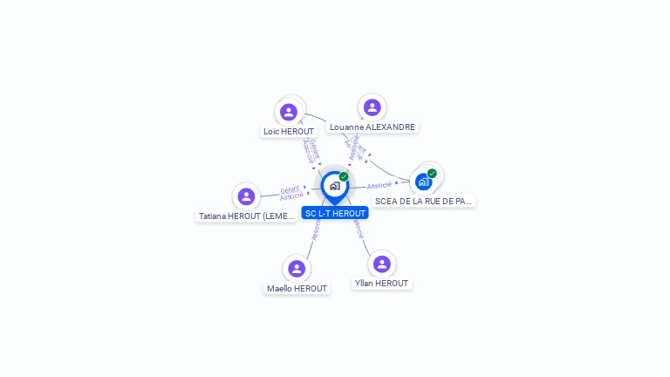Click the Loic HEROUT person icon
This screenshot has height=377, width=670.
pos(289,112)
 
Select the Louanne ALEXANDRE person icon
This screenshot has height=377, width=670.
pos(373,107)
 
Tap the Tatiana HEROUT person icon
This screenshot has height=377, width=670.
pos(246,196)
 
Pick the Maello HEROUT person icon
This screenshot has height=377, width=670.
pos(297,268)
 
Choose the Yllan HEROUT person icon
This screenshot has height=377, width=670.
pos(381,264)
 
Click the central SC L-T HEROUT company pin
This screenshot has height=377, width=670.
pos(334,186)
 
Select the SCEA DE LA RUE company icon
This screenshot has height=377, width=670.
pos(423,182)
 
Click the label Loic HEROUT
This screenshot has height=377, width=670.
pos(288,132)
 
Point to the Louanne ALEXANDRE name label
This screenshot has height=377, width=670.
pos(373,127)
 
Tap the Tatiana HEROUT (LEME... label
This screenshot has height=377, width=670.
pos(247,216)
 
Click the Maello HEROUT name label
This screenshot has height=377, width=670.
pos(297,289)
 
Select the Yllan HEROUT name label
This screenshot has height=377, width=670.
pos(381,284)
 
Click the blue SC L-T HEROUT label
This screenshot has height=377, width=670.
pos(335,213)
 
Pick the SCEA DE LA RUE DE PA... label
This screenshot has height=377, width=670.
pos(423,202)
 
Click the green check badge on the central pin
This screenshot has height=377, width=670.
pos(344,176)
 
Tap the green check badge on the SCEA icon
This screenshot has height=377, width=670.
pos(432,174)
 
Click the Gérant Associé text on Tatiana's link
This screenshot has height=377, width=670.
pos(291,192)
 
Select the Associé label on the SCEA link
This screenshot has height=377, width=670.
pos(379,185)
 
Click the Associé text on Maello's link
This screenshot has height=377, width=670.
pos(316,230)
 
